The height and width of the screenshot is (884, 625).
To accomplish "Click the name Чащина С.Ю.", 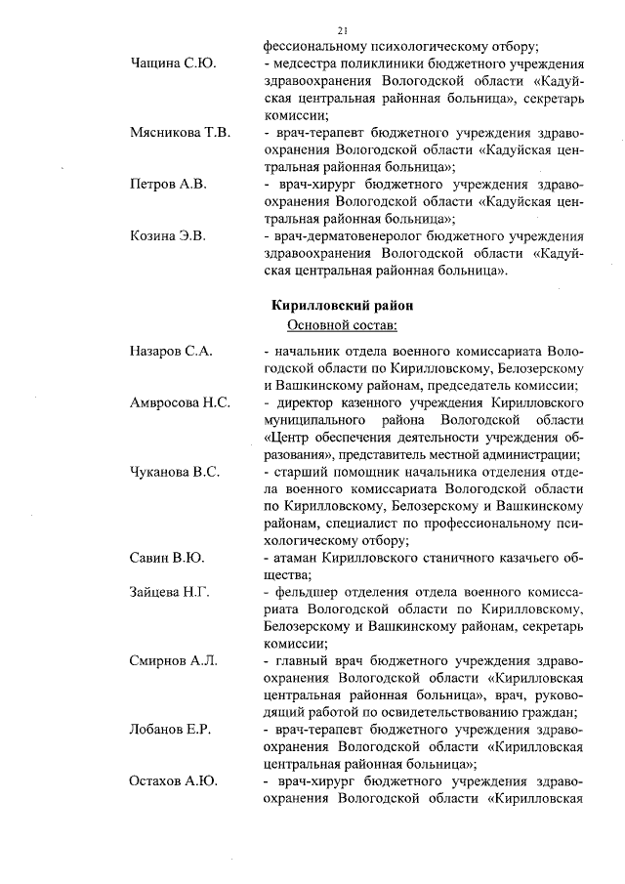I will pos(173,63).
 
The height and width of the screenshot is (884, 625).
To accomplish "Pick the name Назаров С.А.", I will pos(171,350).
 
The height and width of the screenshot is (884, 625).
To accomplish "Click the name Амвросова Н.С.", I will pos(180,401).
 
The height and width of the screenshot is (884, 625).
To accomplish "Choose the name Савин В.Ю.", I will pos(166,557).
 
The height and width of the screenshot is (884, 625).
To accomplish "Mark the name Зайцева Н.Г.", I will pos(169,591).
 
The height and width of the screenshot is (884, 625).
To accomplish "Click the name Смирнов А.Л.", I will pos(173,660).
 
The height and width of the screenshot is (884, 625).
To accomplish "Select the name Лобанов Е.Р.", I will pos(171,729).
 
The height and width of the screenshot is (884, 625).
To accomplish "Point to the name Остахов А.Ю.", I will pos(173,780).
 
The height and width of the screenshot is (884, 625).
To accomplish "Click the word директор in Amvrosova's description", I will pos(307,401).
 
